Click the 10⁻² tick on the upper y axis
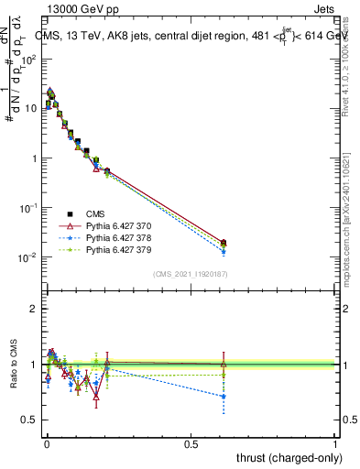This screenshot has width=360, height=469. point(27,257)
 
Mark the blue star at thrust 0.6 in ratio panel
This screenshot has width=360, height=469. point(224,397)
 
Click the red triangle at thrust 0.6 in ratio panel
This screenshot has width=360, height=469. point(224,364)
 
